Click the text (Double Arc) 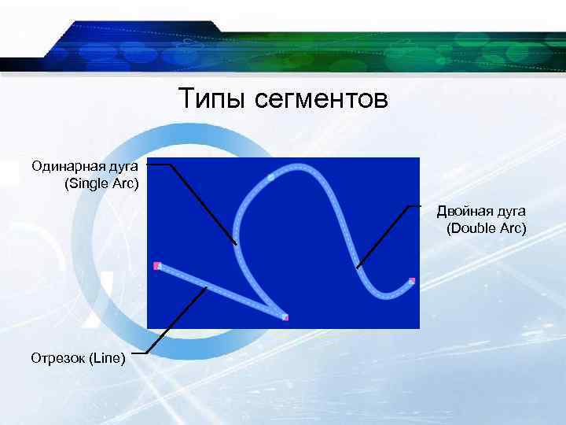(486, 228)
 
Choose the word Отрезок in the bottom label (58, 359)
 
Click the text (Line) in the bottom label (107, 359)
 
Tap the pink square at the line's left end (157, 266)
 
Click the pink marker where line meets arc (285, 317)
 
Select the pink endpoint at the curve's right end (411, 281)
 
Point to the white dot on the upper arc (270, 179)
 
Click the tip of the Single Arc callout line (235, 244)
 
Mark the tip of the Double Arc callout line (358, 268)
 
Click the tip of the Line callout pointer (207, 286)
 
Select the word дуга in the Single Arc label (125, 166)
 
